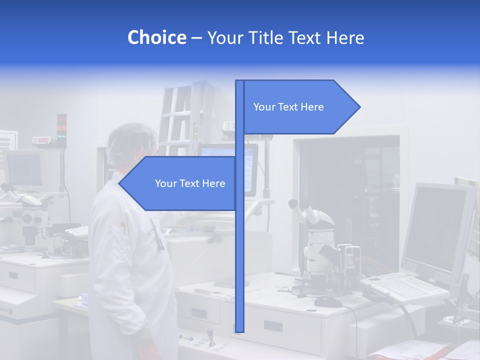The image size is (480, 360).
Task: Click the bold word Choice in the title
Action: (156, 37)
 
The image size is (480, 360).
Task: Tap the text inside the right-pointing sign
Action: (288, 107)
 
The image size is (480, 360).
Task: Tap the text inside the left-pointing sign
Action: (190, 183)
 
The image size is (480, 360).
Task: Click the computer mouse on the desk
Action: (328, 301)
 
